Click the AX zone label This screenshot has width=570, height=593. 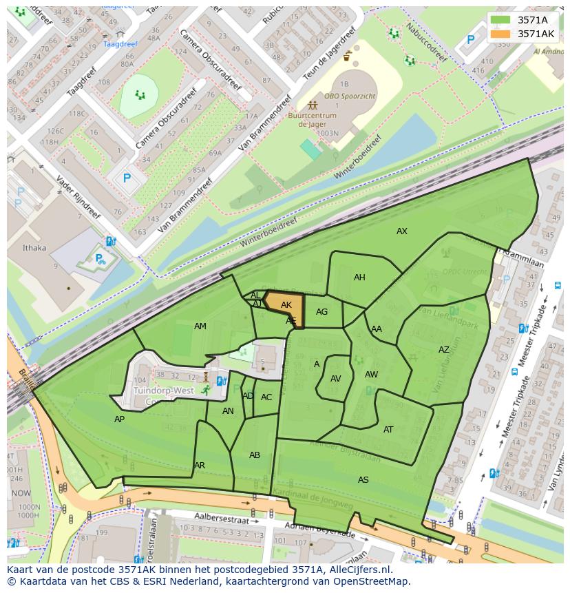[x=402, y=231]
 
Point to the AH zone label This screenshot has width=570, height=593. [x=359, y=278]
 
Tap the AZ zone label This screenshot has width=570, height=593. [x=444, y=350]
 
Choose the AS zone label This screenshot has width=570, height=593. [x=363, y=479]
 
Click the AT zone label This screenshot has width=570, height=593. [x=388, y=430]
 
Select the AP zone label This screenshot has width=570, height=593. [x=120, y=419]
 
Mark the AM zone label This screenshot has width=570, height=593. [x=200, y=326]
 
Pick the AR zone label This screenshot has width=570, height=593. [x=200, y=466]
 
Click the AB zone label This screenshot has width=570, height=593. [x=255, y=455]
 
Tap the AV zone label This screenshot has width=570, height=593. [x=336, y=379]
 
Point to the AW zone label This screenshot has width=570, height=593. [x=372, y=375]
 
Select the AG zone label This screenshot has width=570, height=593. [x=322, y=312]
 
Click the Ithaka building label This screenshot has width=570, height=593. [x=34, y=248]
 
